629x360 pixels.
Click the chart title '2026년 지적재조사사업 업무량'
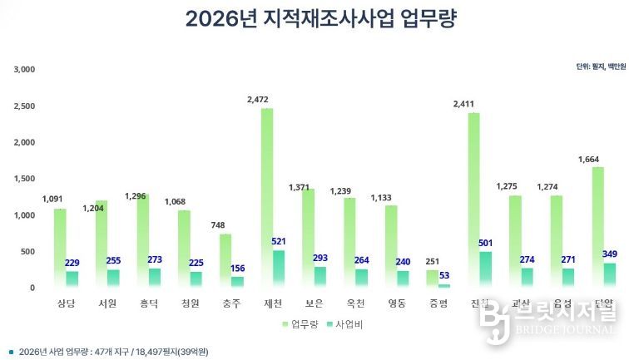(320, 20)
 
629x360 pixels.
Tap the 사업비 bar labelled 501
(487, 269)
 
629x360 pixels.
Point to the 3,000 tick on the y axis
(24, 69)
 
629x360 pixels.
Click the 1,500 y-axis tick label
(24, 179)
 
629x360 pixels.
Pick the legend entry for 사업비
(350, 323)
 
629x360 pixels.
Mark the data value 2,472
(258, 100)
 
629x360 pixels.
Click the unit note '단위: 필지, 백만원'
(600, 67)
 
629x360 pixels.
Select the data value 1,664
(590, 159)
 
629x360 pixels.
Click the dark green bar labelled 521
(280, 269)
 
